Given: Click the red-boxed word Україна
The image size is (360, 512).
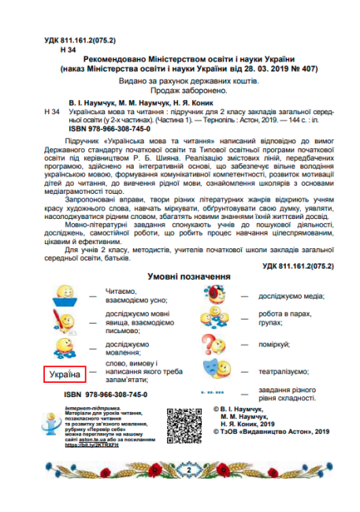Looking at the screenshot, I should coord(59,374).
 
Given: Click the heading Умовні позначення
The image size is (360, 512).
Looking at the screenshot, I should coord(188,277).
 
